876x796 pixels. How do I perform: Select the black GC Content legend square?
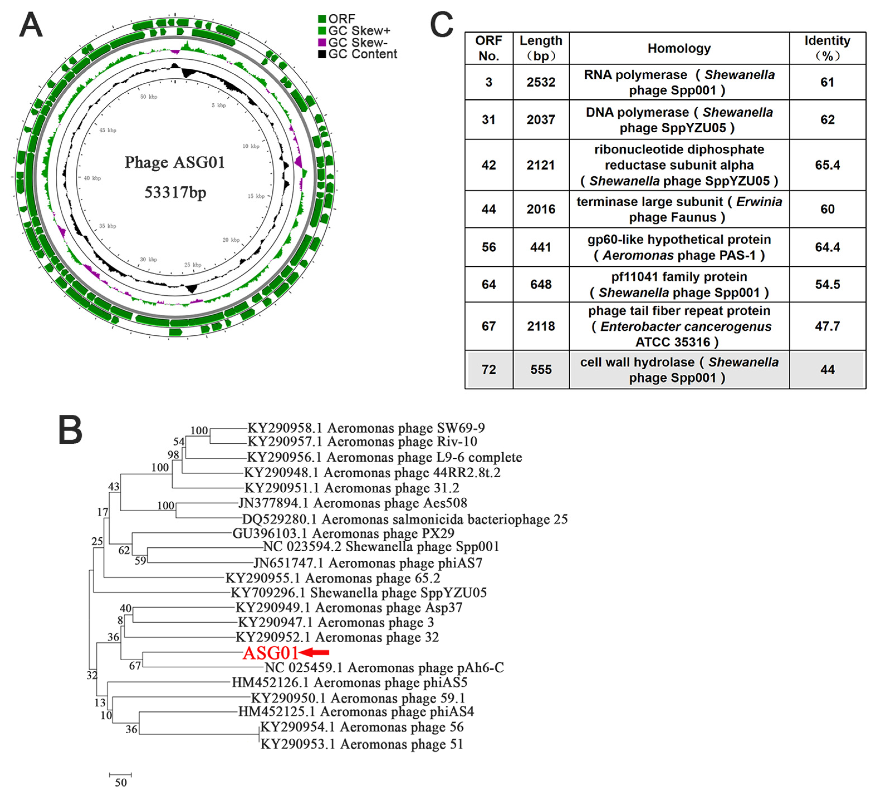pyautogui.click(x=322, y=54)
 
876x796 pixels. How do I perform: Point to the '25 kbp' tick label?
pyautogui.click(x=193, y=264)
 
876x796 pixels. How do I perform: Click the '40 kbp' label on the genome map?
pyautogui.click(x=92, y=178)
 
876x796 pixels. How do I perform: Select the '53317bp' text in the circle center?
pyautogui.click(x=175, y=192)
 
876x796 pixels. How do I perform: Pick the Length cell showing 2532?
pyautogui.click(x=541, y=82)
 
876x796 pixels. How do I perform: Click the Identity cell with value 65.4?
pyautogui.click(x=827, y=165)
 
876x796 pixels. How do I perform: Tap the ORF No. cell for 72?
pyautogui.click(x=489, y=369)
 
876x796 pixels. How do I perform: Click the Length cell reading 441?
pyautogui.click(x=541, y=247)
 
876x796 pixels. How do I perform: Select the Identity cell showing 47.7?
pyautogui.click(x=827, y=326)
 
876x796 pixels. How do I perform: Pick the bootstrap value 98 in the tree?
pyautogui.click(x=173, y=454)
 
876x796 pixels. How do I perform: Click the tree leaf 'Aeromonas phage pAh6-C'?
pyautogui.click(x=384, y=667)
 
